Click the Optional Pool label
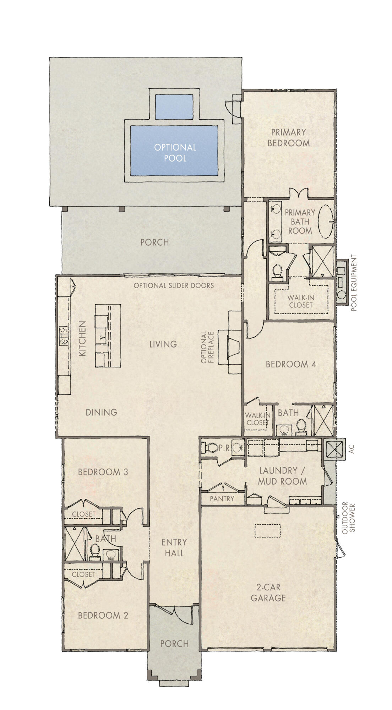[x=175, y=152]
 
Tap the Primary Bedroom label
[x=288, y=137]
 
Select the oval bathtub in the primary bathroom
[x=325, y=222]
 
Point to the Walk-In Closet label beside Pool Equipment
[x=300, y=301]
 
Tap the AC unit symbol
[x=334, y=449]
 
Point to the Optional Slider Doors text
[x=174, y=285]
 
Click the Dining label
[x=101, y=412]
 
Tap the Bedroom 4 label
[x=291, y=364]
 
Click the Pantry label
[x=222, y=499]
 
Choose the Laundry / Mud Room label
[x=283, y=476]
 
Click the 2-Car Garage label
[x=268, y=592]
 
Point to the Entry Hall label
[x=174, y=547]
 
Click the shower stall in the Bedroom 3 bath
[x=75, y=544]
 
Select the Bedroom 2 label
[x=103, y=616]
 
